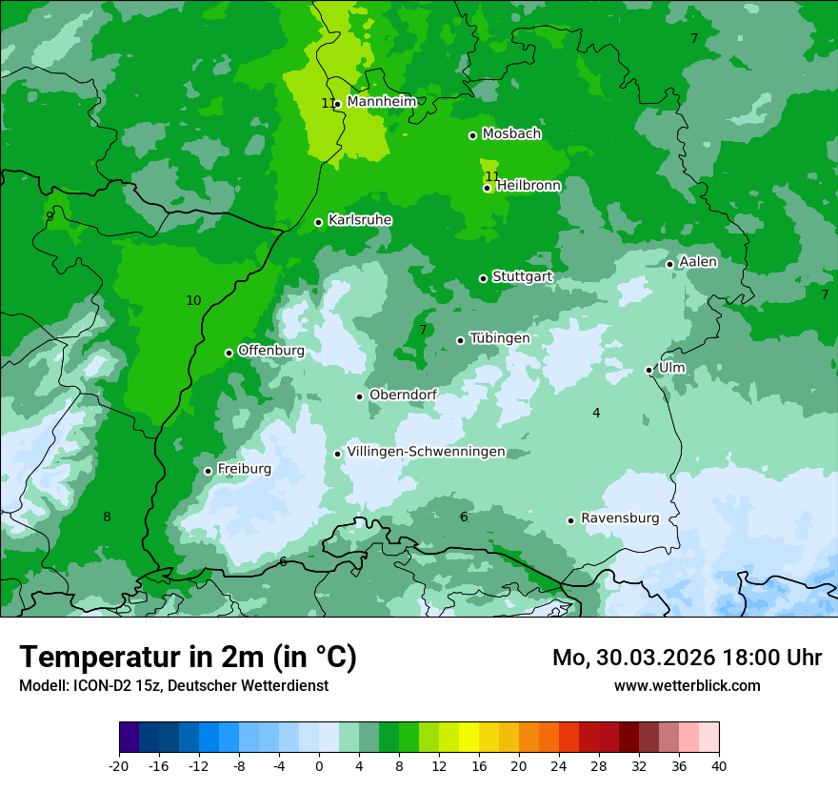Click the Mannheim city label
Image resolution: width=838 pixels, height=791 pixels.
point(381,102)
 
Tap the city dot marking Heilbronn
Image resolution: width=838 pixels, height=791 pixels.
point(487,188)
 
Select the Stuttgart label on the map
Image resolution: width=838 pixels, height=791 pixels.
point(522,277)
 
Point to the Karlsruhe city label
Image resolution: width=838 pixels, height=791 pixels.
point(360,220)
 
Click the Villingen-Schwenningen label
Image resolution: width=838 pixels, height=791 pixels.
point(426,452)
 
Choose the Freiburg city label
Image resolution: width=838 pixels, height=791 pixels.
point(244,469)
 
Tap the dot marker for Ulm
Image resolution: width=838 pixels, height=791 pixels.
point(649,370)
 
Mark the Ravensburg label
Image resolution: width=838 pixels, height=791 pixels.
point(619,518)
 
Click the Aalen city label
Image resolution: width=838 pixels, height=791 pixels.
point(698,262)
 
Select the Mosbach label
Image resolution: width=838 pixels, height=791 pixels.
point(511,134)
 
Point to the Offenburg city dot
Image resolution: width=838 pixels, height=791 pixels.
point(229,353)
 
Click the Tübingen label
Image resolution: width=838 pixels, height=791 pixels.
point(499,338)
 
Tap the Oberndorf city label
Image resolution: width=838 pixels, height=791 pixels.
point(403,395)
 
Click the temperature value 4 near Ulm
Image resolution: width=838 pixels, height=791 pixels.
point(596,413)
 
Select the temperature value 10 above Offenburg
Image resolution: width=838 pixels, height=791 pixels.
point(193,300)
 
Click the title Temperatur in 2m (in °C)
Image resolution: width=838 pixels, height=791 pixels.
point(188,657)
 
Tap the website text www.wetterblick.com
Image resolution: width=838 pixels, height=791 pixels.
point(687,685)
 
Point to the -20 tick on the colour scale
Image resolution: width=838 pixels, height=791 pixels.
point(119,765)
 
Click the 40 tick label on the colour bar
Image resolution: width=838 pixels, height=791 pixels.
point(719,765)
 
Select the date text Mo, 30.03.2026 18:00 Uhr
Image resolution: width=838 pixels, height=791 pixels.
point(687,658)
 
